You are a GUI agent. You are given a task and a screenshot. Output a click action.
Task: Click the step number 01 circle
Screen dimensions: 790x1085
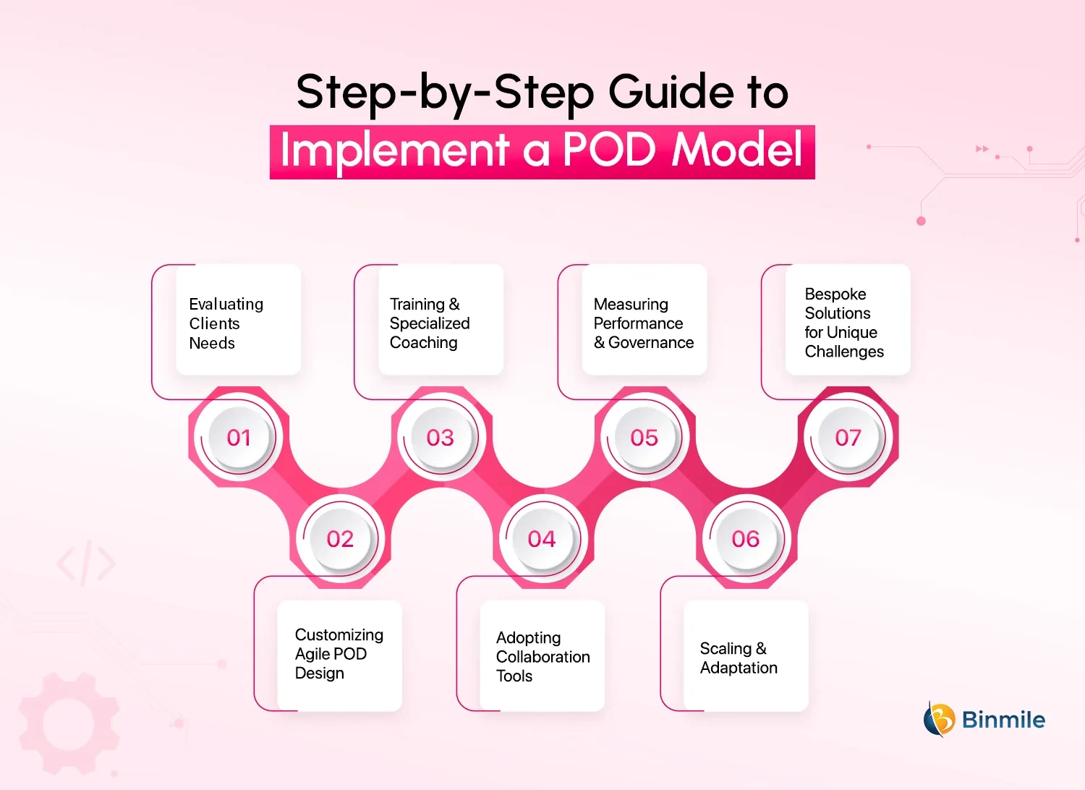[239, 438]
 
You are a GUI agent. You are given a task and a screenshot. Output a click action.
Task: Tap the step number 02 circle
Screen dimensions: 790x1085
[340, 539]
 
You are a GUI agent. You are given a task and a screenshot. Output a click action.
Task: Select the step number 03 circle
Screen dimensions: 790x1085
[441, 438]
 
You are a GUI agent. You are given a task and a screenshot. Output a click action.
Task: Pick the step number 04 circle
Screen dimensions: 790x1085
[542, 539]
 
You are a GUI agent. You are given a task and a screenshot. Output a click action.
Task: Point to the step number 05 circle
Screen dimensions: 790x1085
[644, 438]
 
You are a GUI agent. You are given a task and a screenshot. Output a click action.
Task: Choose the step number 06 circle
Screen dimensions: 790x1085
[745, 539]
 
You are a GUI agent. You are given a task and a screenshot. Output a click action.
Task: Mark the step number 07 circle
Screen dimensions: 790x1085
[848, 438]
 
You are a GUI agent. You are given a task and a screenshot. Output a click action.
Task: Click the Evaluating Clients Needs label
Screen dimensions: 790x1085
[226, 323]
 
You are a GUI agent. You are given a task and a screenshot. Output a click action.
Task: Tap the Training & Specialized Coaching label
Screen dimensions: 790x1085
[430, 323]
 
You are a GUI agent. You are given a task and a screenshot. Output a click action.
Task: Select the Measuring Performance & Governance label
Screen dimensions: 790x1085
[643, 323]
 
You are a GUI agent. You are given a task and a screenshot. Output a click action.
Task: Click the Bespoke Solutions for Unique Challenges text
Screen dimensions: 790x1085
[843, 323]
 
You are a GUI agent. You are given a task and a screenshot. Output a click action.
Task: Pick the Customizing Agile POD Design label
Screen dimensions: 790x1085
[339, 654]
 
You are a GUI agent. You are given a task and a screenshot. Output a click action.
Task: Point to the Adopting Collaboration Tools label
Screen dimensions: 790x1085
[542, 657]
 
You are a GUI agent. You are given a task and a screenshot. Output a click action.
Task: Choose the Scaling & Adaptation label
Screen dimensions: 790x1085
[739, 658]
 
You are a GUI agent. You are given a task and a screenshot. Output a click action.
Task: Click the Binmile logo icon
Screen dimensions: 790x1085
[939, 719]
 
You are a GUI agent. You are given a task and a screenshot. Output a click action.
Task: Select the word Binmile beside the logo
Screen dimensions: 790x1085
[1003, 720]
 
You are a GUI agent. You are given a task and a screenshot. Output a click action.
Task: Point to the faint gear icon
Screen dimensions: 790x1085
[69, 723]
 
